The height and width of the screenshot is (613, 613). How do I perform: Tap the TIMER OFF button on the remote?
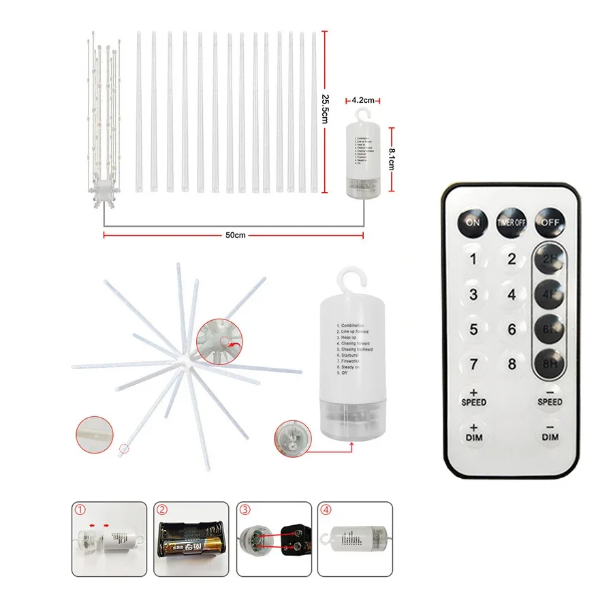tap(512, 221)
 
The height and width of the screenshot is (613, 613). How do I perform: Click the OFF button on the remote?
tap(550, 221)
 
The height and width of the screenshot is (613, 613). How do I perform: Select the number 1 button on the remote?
tap(473, 259)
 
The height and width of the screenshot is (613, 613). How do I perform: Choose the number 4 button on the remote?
tap(512, 294)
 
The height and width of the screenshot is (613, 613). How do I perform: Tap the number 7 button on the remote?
tap(473, 363)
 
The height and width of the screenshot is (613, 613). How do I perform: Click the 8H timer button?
tap(550, 363)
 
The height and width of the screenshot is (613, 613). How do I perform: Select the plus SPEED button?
tap(473, 398)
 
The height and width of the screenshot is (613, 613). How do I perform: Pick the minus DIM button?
tap(550, 433)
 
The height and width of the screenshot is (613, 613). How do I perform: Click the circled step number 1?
tap(81, 510)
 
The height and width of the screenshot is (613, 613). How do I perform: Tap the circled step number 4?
tap(325, 510)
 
